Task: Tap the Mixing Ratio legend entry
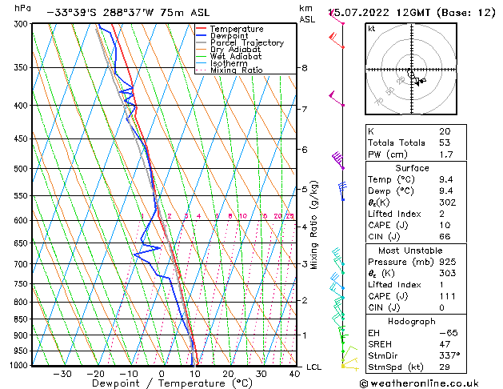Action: (x=236, y=70)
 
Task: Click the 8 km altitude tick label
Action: (x=305, y=68)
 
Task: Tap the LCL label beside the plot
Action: (x=313, y=367)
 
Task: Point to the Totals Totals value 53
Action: (x=445, y=142)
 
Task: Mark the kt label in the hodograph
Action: (x=372, y=29)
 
